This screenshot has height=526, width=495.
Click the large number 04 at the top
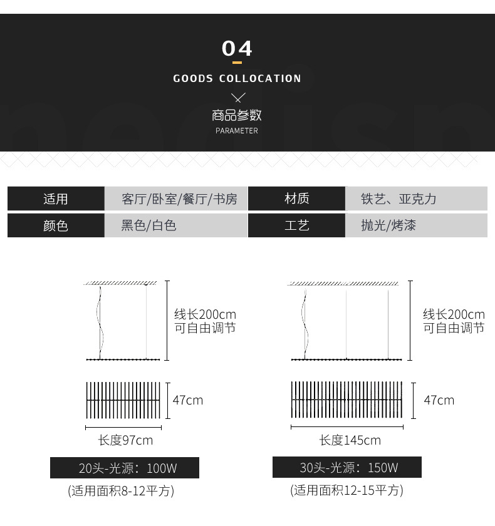click(x=237, y=48)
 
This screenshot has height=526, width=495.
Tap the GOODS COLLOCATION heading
click(x=237, y=78)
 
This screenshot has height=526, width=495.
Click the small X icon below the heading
click(x=237, y=97)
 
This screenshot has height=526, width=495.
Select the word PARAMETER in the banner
click(x=237, y=131)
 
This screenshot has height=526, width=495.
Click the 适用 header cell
click(x=56, y=199)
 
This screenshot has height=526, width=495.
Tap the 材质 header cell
click(x=296, y=199)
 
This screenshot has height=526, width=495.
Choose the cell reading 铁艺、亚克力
click(x=399, y=199)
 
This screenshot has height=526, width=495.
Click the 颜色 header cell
click(x=56, y=225)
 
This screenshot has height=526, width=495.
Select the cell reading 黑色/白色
click(x=149, y=225)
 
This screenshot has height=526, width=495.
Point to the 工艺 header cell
click(x=296, y=225)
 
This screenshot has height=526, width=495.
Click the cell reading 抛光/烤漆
click(x=388, y=225)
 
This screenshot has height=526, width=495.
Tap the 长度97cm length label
click(x=125, y=440)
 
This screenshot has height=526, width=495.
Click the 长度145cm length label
click(x=350, y=440)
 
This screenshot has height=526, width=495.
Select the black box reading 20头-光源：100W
click(x=125, y=468)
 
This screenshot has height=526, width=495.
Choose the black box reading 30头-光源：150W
click(x=347, y=468)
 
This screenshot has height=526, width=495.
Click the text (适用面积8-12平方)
click(x=121, y=490)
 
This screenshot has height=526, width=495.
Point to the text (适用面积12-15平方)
click(x=346, y=490)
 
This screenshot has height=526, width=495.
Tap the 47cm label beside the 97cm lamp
click(x=188, y=400)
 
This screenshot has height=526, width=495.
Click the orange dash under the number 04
click(x=237, y=63)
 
